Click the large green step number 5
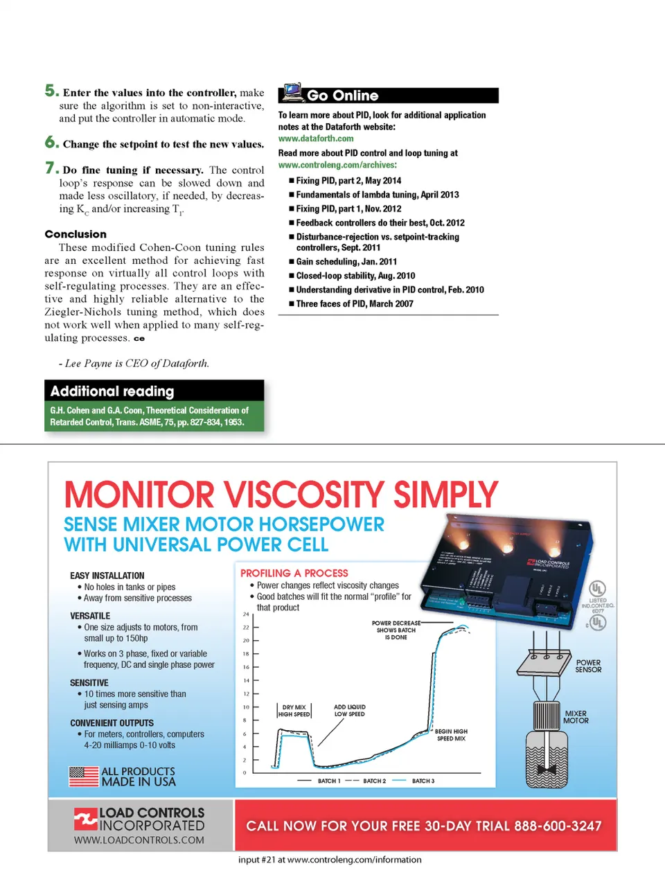tap(51, 91)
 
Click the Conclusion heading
tap(76, 234)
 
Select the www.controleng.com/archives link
tap(337, 165)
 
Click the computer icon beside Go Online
tap(292, 93)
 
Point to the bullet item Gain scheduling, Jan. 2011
tap(346, 262)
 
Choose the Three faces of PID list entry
tap(355, 304)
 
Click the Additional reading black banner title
tap(112, 391)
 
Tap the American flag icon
tap(84, 776)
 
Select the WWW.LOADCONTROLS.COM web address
tap(139, 840)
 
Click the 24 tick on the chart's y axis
tap(246, 614)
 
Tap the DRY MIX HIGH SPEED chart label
tap(294, 711)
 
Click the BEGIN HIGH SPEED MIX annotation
tap(451, 735)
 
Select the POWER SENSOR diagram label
tap(588, 666)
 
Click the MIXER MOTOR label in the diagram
tap(576, 717)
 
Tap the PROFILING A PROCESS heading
tap(294, 573)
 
